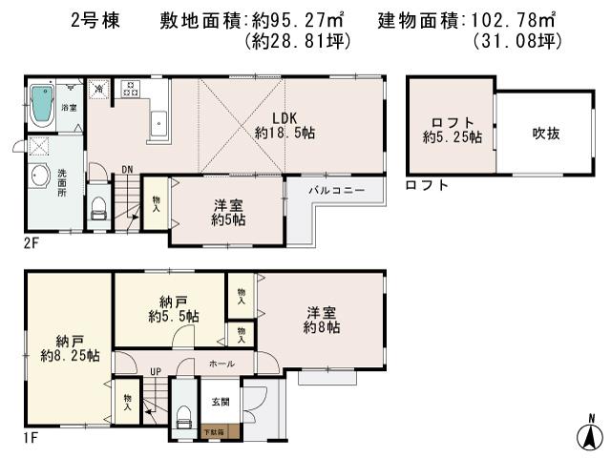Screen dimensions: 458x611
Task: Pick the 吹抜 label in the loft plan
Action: pyautogui.click(x=545, y=133)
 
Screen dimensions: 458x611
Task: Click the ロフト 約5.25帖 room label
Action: pyautogui.click(x=452, y=130)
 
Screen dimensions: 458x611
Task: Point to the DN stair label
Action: pyautogui.click(x=126, y=172)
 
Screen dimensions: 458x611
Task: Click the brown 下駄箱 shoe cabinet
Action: pyautogui.click(x=214, y=431)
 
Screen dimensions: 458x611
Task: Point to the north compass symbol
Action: pyautogui.click(x=591, y=435)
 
